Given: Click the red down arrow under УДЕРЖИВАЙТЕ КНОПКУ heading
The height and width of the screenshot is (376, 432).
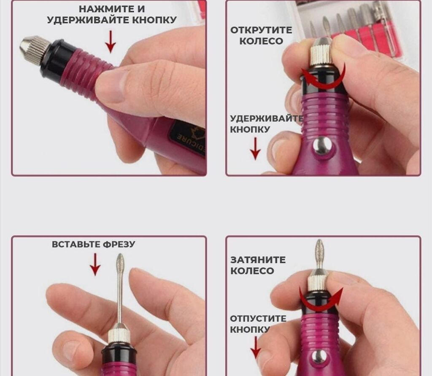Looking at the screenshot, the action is click(x=111, y=42).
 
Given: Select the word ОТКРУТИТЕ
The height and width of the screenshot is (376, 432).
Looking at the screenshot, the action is click(x=261, y=30).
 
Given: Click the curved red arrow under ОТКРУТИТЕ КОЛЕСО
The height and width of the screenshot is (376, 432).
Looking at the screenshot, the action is click(x=324, y=78).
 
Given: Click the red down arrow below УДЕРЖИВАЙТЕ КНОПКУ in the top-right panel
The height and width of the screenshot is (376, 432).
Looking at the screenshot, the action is click(x=255, y=149).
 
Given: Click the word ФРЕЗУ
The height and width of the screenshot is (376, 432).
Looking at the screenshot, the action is click(x=119, y=244).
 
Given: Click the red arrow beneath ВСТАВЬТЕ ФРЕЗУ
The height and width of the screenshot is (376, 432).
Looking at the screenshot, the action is click(x=95, y=264).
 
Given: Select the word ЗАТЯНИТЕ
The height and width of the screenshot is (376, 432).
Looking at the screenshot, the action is click(x=258, y=260).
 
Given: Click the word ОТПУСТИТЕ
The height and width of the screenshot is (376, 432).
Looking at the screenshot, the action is click(x=258, y=319).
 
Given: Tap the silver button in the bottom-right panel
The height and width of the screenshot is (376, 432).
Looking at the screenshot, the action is click(x=320, y=357).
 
